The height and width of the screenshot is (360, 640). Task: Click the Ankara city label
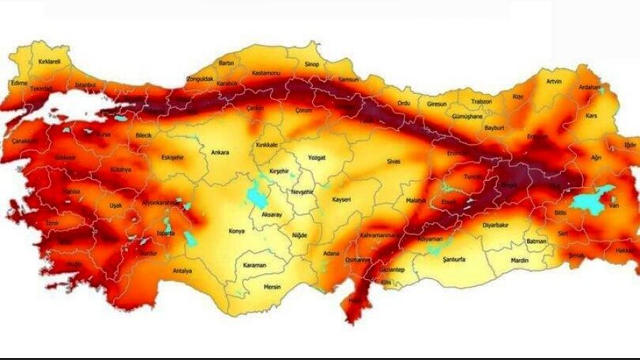pos(220,152)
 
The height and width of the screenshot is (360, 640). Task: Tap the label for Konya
pos(236,231)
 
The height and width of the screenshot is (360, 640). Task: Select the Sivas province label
pos(393,162)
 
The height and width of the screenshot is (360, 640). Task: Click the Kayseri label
pos(342,200)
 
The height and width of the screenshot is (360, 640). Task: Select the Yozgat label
pos(316,157)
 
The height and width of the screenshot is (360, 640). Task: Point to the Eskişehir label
pos(174,157)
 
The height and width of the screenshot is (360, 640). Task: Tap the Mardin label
pos(520,260)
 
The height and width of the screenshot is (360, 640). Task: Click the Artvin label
pos(553,81)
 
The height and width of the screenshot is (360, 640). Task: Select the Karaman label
pos(254,265)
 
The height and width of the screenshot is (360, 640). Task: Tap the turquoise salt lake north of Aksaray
pos(254,192)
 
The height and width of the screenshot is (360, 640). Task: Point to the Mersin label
pos(272,288)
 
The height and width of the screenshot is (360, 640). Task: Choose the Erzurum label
pos(537,137)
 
